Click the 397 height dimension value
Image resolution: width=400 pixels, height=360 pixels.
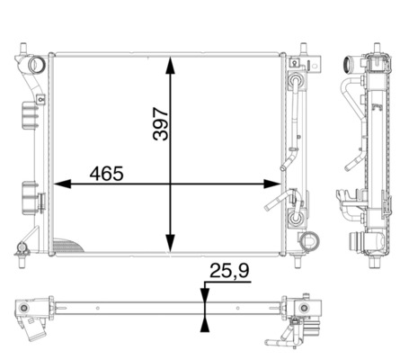click(x=161, y=123)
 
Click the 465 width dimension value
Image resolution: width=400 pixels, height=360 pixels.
click(x=106, y=174)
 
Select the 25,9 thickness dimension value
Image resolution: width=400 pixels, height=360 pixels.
click(x=230, y=271)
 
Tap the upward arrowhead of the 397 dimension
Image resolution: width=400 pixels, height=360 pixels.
click(x=171, y=66)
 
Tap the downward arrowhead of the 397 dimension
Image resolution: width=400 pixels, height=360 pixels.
click(x=171, y=243)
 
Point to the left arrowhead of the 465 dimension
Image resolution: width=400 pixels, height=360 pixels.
click(x=62, y=184)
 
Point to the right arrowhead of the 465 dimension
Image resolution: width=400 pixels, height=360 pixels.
click(x=272, y=184)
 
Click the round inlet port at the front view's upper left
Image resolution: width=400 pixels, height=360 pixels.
click(x=37, y=65)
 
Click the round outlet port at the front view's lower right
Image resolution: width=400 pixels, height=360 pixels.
click(x=310, y=240)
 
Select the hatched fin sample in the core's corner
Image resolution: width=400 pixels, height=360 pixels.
click(x=67, y=246)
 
